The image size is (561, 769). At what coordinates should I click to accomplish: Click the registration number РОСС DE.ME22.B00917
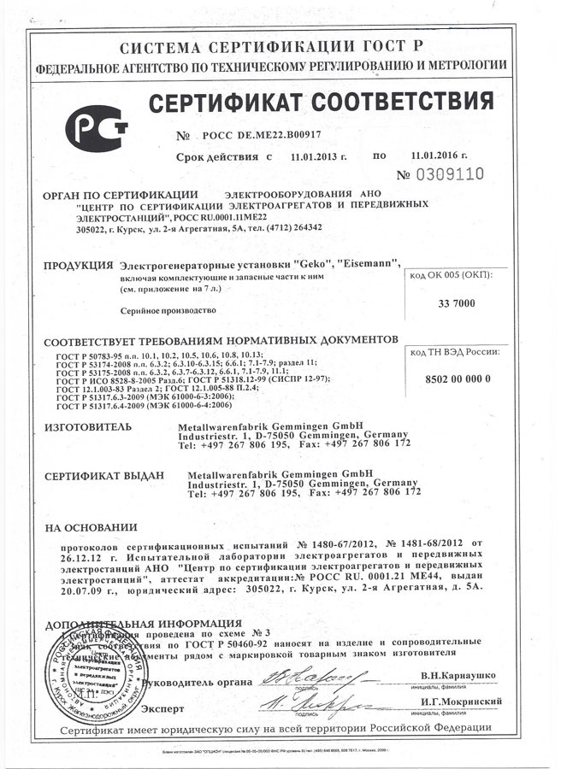(262, 136)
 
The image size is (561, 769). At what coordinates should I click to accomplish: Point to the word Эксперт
(163, 708)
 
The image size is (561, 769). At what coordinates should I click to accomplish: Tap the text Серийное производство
(168, 311)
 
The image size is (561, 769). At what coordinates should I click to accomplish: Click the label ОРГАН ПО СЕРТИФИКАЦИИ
(120, 193)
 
